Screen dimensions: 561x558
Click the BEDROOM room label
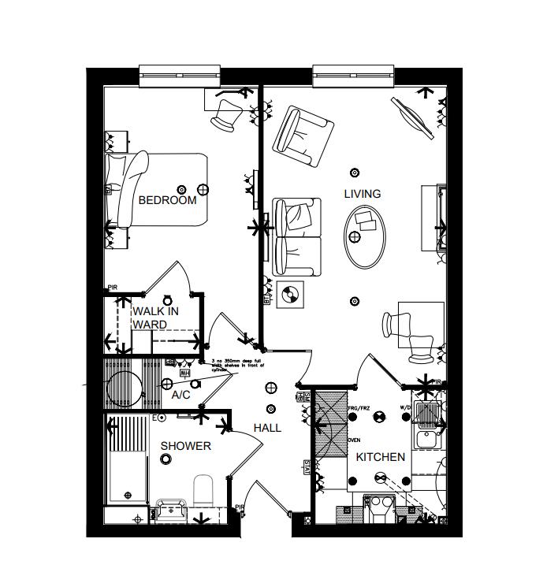pyautogui.click(x=167, y=200)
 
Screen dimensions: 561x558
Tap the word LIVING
pyautogui.click(x=362, y=194)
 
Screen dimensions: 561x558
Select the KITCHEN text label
pyautogui.click(x=381, y=457)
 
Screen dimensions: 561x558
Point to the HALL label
pyautogui.click(x=267, y=428)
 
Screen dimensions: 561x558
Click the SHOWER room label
pyautogui.click(x=186, y=446)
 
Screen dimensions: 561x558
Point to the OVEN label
pyautogui.click(x=354, y=440)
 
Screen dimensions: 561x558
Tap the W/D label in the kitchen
pyautogui.click(x=405, y=408)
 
